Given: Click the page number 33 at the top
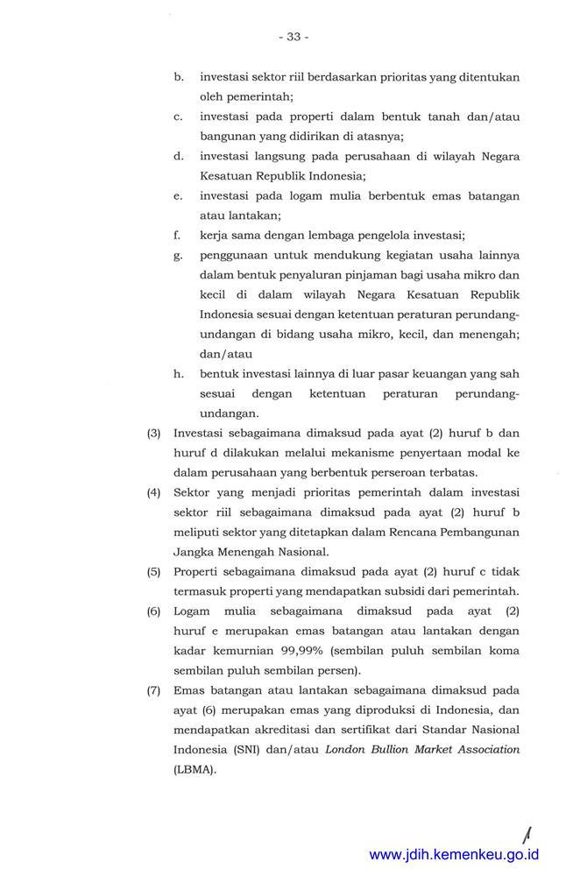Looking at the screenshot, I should click(293, 37).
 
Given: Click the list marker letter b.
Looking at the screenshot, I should click(178, 77).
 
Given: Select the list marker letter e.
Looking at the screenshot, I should click(178, 195).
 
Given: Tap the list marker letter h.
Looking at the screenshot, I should click(178, 373).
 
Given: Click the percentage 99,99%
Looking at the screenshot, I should click(302, 651).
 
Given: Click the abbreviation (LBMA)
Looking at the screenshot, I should click(195, 770).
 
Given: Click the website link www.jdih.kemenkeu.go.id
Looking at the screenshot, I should click(454, 854).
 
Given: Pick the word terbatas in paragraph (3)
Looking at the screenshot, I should click(452, 472).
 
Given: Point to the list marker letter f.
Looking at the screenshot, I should click(178, 235).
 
